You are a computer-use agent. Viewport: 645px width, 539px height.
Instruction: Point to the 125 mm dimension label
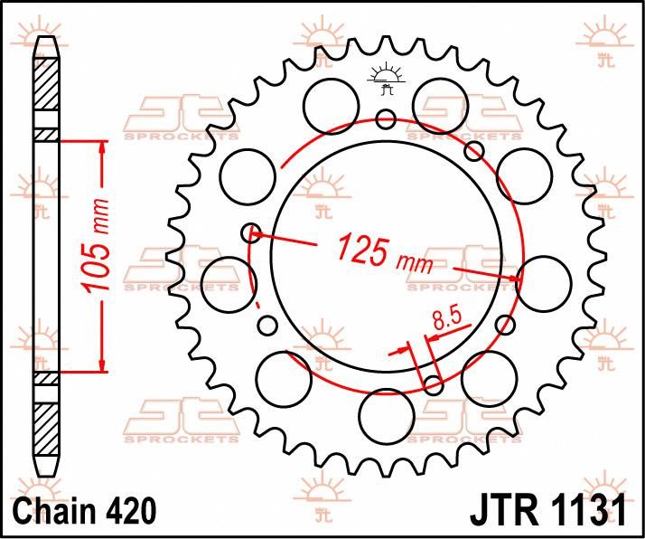pyautogui.click(x=385, y=253)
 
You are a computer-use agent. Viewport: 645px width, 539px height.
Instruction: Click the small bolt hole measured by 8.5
pyautogui.click(x=434, y=386)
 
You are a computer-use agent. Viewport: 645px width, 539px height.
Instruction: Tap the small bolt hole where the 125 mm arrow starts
pyautogui.click(x=252, y=233)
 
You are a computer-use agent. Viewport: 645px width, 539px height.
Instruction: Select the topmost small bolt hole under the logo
pyautogui.click(x=386, y=118)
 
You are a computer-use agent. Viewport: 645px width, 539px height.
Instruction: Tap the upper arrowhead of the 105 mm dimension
pyautogui.click(x=103, y=146)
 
